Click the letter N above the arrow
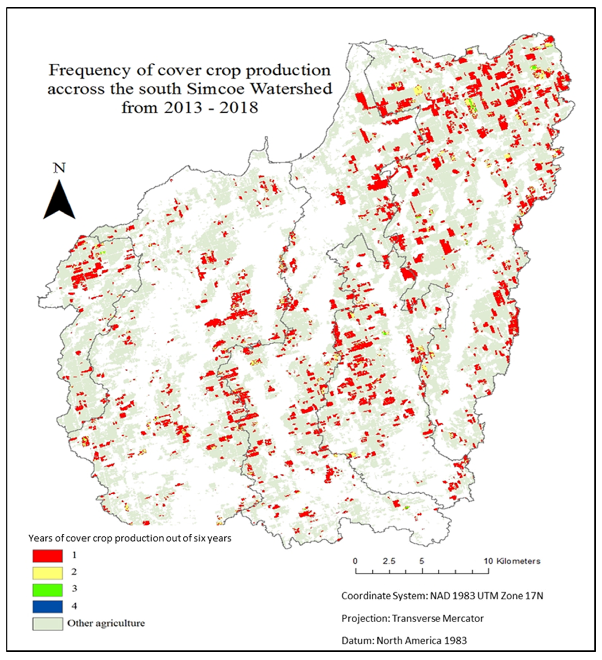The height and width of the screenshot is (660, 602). [x=60, y=168]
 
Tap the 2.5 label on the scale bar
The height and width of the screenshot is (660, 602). [x=389, y=561]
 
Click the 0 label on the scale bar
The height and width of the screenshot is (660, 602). [x=355, y=561]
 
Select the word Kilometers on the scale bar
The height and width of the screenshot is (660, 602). [x=518, y=561]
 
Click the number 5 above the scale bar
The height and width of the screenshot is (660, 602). [x=422, y=561]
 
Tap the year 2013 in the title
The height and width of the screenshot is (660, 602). [x=183, y=107]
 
